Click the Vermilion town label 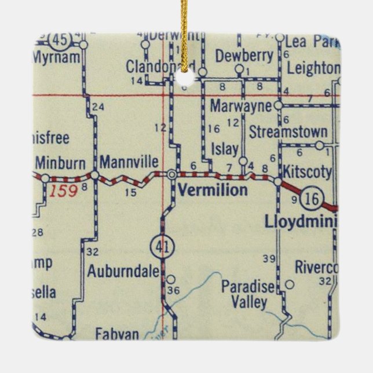pyautogui.click(x=213, y=190)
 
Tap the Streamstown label pyautogui.click(x=288, y=132)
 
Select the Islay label pyautogui.click(x=225, y=149)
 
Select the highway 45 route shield pyautogui.click(x=58, y=40)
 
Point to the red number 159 pyautogui.click(x=62, y=191)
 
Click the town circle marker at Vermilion pyautogui.click(x=173, y=174)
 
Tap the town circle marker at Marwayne pyautogui.click(x=278, y=106)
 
